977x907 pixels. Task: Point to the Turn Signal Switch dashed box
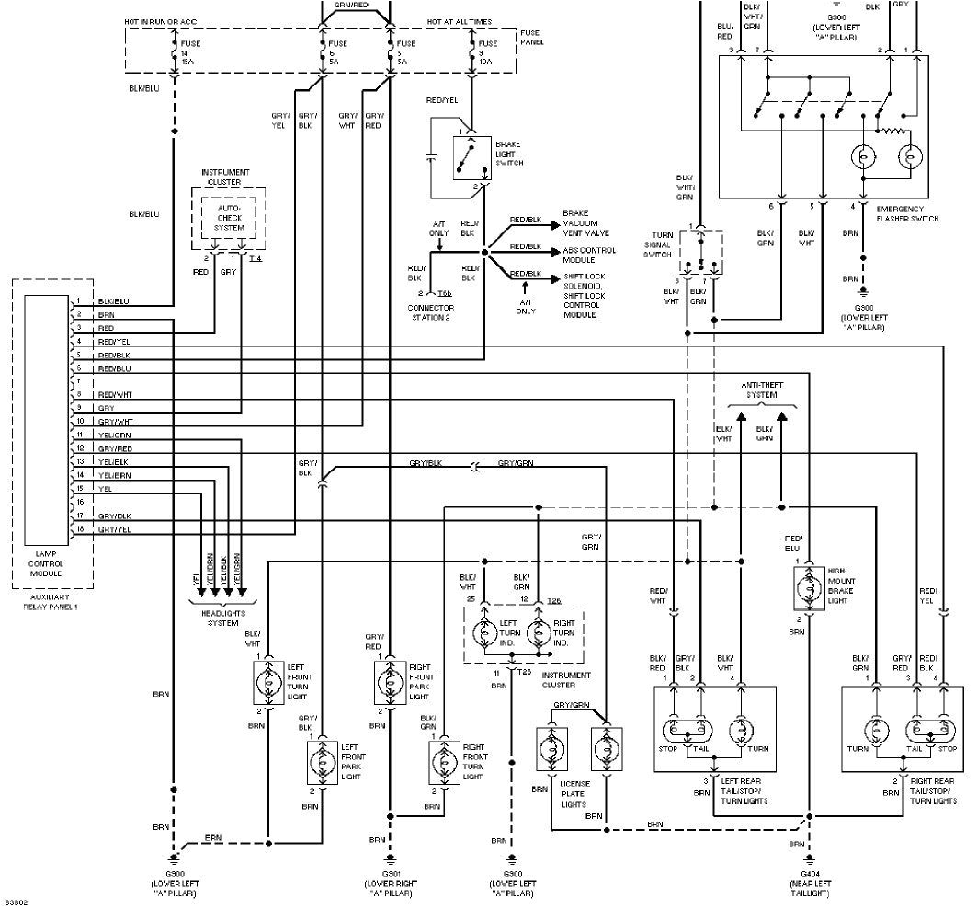[703, 252]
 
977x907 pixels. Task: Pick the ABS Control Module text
[589, 255]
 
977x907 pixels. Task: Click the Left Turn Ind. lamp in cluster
[483, 635]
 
